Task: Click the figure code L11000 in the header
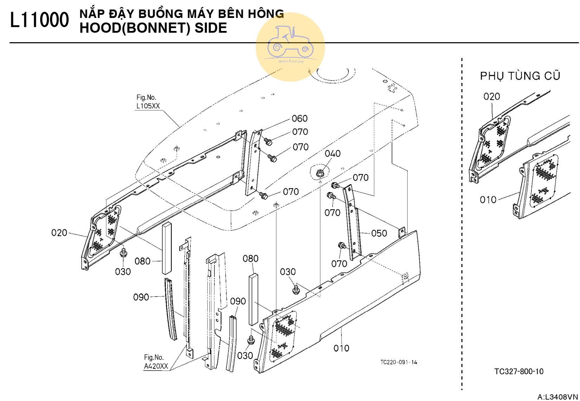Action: click(x=39, y=20)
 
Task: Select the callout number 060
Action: click(x=300, y=119)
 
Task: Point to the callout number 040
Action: click(x=333, y=153)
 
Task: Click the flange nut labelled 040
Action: click(x=320, y=173)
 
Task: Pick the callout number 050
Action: click(x=379, y=233)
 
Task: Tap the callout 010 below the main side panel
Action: click(x=341, y=348)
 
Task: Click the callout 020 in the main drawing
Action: click(x=59, y=233)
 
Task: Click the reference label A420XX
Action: click(x=156, y=366)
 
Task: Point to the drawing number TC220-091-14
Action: click(x=398, y=362)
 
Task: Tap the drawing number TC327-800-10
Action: click(x=519, y=371)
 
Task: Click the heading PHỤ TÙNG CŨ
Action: click(x=520, y=76)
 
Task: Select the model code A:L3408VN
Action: click(x=557, y=397)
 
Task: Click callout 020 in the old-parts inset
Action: click(x=492, y=96)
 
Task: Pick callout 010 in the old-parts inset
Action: click(x=488, y=200)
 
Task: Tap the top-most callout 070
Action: click(x=300, y=132)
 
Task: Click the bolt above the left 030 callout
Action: click(x=123, y=253)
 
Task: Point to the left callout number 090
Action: click(x=141, y=297)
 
